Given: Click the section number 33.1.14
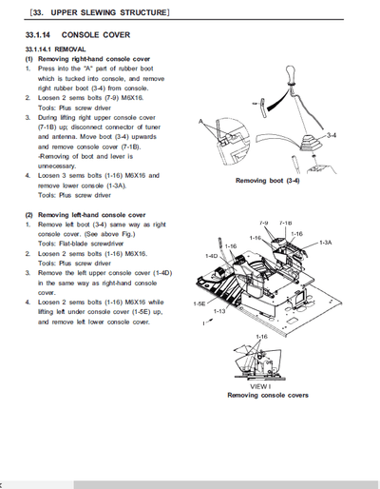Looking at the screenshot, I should [x=41, y=33].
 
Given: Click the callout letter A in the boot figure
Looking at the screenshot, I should [x=200, y=123].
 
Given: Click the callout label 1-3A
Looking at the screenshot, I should [x=326, y=243].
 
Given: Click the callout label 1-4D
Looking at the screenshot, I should [x=212, y=256].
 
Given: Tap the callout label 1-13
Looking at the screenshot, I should [x=219, y=310].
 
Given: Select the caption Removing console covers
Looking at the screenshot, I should [x=267, y=395].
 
